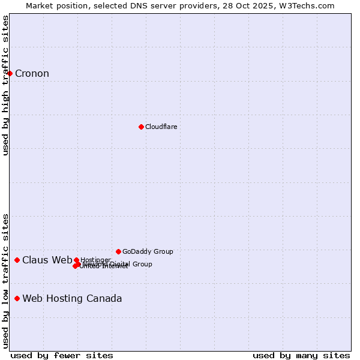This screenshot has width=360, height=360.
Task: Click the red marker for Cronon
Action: click(10, 73)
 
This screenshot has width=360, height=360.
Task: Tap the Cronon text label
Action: click(32, 74)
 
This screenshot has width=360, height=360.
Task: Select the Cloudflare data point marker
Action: click(141, 127)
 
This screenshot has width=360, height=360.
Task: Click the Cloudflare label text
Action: click(161, 127)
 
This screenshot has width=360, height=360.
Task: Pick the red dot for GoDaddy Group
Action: click(118, 251)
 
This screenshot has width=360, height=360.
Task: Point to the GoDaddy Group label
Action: click(148, 251)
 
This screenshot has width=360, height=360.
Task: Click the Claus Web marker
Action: click(17, 260)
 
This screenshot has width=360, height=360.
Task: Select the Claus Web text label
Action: click(47, 260)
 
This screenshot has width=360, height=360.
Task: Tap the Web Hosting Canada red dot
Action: click(17, 298)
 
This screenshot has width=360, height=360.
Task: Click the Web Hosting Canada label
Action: click(72, 298)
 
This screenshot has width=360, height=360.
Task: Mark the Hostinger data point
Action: click(76, 260)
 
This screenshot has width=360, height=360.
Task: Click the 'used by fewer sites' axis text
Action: click(62, 355)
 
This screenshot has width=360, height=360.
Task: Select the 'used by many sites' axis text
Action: click(301, 355)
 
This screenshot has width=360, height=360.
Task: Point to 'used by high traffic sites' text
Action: click(6, 85)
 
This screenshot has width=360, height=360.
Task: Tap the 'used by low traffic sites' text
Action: click(6, 280)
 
